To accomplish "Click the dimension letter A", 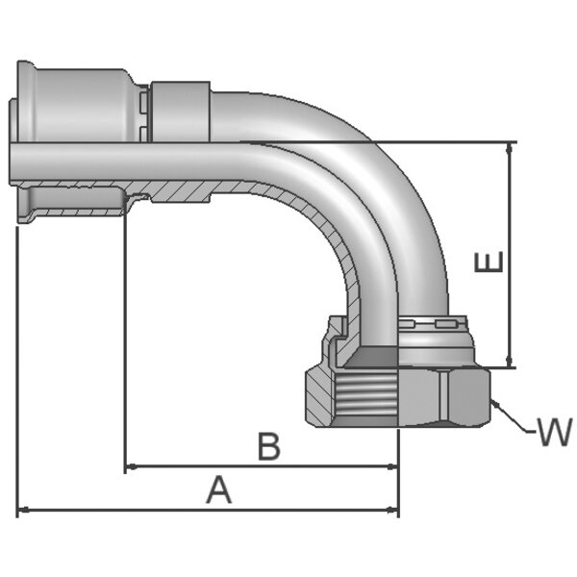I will point(219,491).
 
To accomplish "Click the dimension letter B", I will point(270,447).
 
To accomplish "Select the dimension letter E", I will point(489,263).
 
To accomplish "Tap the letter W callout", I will point(553,433).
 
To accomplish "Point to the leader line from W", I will point(515,418).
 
